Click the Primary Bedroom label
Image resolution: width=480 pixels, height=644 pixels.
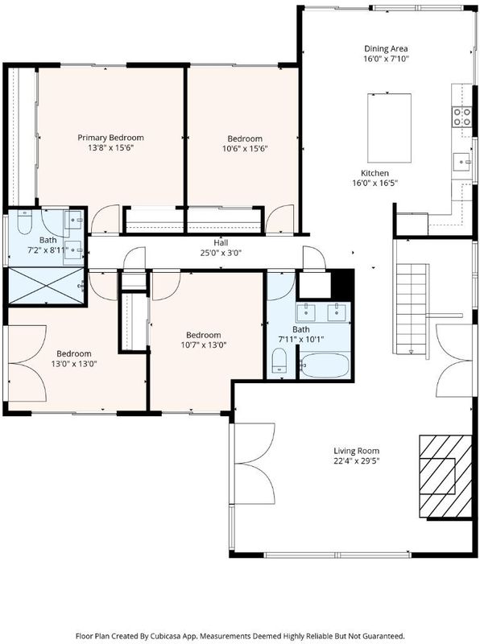tap(110, 138)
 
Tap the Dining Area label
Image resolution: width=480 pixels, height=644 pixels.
tap(386, 49)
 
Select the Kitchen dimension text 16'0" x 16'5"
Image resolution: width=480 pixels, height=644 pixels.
tap(374, 184)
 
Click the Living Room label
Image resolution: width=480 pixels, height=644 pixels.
tap(356, 451)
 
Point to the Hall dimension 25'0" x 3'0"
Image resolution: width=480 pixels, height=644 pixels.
tap(221, 253)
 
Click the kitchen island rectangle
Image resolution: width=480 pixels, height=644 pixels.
tap(389, 128)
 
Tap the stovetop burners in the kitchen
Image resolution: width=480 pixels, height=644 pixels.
tap(461, 117)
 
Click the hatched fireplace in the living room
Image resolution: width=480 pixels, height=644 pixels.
tap(445, 477)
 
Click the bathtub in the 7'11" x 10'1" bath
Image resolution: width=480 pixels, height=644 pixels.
tap(325, 365)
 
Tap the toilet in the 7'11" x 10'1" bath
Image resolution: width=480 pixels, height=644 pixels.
tap(279, 360)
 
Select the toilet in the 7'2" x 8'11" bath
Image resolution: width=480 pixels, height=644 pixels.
tap(25, 222)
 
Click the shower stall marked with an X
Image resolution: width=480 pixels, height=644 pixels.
tap(46, 286)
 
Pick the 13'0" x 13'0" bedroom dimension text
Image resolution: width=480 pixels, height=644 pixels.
tap(74, 364)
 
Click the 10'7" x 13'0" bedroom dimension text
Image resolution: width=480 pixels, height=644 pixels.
tap(204, 345)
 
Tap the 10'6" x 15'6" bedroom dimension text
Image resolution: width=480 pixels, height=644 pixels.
tap(245, 149)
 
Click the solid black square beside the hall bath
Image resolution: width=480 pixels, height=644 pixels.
tap(343, 284)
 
